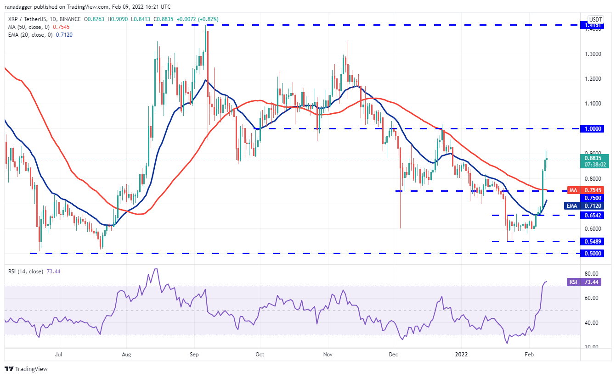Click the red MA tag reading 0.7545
pyautogui.click(x=591, y=190)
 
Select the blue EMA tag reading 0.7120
pyautogui.click(x=591, y=206)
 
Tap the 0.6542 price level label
pyautogui.click(x=591, y=215)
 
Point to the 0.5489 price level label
pyautogui.click(x=591, y=241)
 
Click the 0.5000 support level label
pyautogui.click(x=591, y=253)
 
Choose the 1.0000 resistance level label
pyautogui.click(x=591, y=129)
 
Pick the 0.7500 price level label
pyautogui.click(x=591, y=198)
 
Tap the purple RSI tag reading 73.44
pyautogui.click(x=591, y=282)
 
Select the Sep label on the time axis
pyautogui.click(x=194, y=354)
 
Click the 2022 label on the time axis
pyautogui.click(x=461, y=354)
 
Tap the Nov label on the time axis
pyautogui.click(x=328, y=354)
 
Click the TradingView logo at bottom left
pyautogui.click(x=26, y=369)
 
